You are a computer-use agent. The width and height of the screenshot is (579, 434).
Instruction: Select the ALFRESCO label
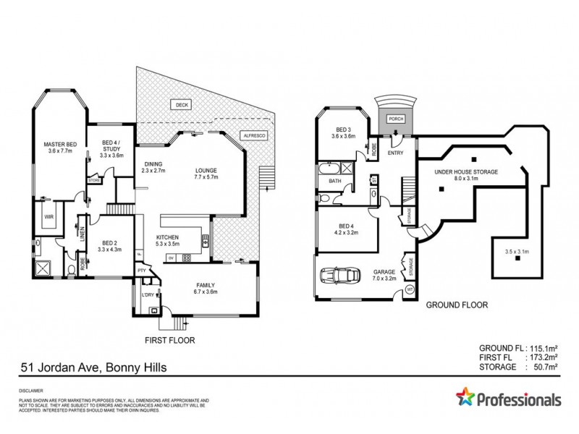point(255,135)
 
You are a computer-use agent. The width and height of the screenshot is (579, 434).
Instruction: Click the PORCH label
point(396,119)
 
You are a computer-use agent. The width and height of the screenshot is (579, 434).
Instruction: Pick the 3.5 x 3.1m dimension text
point(517,251)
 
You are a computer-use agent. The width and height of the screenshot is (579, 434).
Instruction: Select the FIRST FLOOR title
point(170,339)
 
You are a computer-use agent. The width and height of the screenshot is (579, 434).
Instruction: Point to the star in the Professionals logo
point(464,399)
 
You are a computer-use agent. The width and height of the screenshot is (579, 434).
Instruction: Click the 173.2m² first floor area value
point(549,357)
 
